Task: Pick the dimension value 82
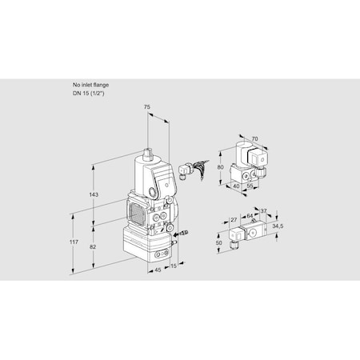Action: [94, 247]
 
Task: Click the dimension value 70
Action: [255, 138]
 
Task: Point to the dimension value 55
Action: [251, 186]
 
